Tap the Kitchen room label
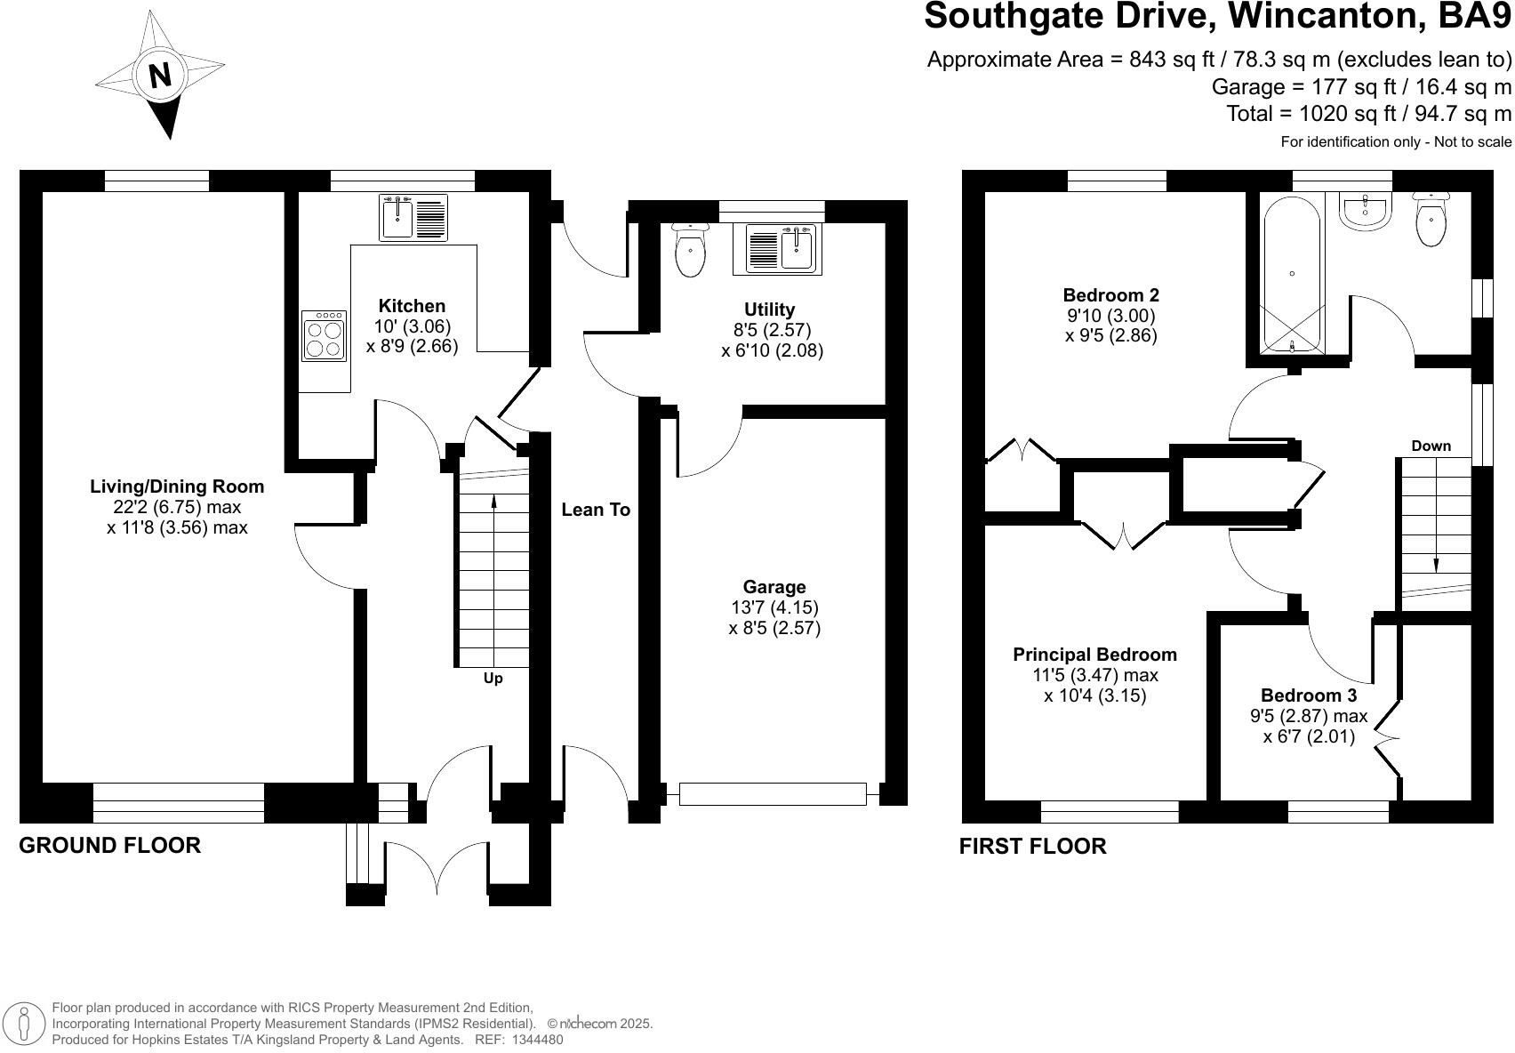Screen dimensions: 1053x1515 click(x=412, y=306)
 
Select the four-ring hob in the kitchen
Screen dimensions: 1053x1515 click(x=324, y=335)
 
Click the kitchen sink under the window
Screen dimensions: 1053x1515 click(x=413, y=218)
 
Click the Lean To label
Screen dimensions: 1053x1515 click(x=596, y=510)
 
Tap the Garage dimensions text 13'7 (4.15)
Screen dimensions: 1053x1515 click(x=774, y=607)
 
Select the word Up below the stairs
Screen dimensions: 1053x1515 click(x=493, y=679)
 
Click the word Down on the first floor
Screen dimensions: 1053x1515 click(x=1431, y=446)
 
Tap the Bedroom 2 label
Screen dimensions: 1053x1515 click(x=1110, y=295)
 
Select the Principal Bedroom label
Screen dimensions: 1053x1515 click(x=1094, y=655)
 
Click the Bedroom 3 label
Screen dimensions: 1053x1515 click(x=1308, y=695)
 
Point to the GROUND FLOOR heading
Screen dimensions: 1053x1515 click(x=110, y=845)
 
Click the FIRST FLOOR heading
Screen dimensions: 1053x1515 click(x=1032, y=846)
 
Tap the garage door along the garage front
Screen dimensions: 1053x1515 click(x=772, y=793)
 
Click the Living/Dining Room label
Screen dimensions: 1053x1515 click(x=177, y=486)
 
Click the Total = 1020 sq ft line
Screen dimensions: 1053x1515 click(x=1368, y=114)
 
